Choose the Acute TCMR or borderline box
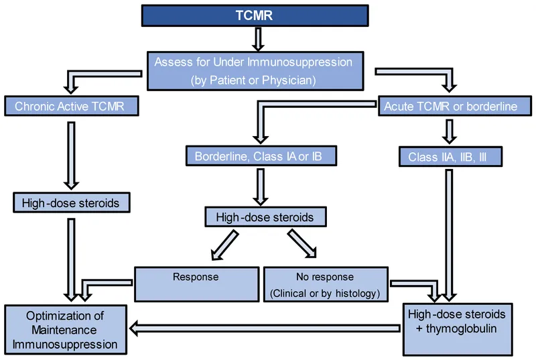click(x=450, y=106)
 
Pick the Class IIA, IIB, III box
click(x=450, y=157)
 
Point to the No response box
click(x=325, y=276)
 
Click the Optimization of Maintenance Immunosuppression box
click(x=66, y=329)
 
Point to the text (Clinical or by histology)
click(x=325, y=292)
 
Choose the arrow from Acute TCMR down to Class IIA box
click(x=450, y=131)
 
